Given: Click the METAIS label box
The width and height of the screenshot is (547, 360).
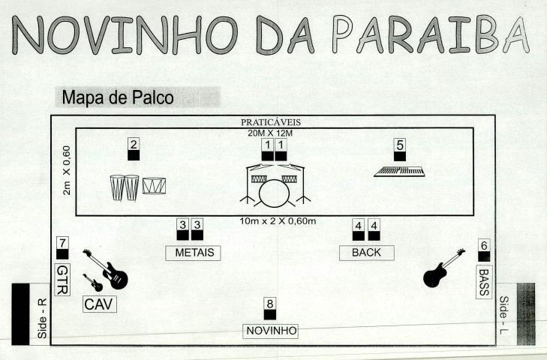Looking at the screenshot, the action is pos(194,252).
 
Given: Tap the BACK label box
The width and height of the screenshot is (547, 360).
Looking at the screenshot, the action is pos(366,252).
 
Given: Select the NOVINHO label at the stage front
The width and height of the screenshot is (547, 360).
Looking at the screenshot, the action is pos(272,331).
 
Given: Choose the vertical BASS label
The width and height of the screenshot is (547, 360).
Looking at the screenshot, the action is pos(484,281).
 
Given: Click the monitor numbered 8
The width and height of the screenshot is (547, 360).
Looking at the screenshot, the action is pos(270,310).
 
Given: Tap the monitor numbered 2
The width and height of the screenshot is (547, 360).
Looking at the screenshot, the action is pos(133,150).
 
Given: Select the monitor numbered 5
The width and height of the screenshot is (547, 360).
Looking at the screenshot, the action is pos(400,150).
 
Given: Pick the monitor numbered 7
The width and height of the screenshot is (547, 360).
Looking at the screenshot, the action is pos(62,247).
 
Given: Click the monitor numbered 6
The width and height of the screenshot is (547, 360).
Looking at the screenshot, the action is pos(484,250).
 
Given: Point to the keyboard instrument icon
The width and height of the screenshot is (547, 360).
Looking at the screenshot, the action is pos(399,172).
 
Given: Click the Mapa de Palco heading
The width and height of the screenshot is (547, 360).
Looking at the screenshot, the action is pos(119,97).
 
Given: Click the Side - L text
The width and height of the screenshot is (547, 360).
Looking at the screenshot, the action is pos(503,313).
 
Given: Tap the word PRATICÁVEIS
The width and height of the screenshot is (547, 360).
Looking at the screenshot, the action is pos(271,121).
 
